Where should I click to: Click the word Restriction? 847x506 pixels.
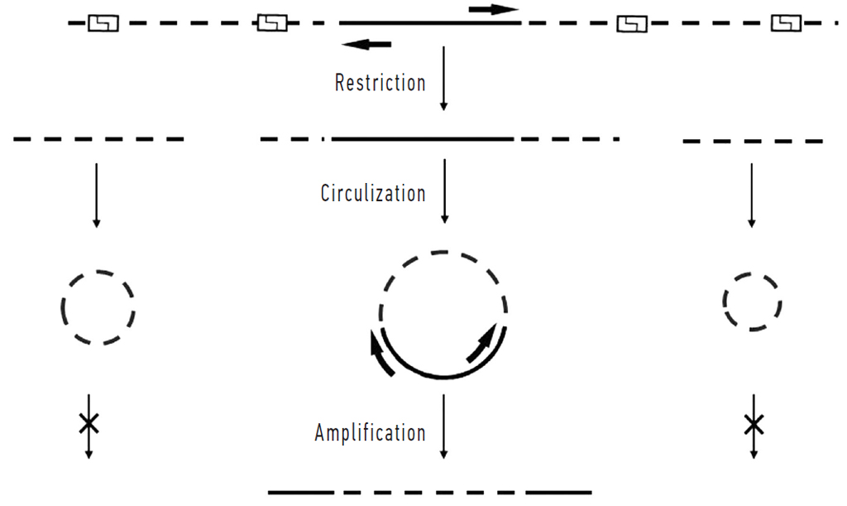pos(380,83)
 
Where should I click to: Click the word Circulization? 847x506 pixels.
pos(373,193)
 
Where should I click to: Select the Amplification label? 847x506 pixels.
pos(370,432)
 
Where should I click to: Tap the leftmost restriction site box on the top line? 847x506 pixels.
pos(103,23)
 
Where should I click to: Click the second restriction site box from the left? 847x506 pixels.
pos(272,23)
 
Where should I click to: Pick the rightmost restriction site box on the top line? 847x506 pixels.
pos(786,23)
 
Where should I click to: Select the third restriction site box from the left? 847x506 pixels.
pos(632,24)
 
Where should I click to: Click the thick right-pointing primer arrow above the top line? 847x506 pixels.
pos(494,9)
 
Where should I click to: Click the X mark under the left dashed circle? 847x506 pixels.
pos(89,424)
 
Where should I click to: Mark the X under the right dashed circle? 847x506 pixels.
pos(753,426)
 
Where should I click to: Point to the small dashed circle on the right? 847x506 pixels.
pos(752,301)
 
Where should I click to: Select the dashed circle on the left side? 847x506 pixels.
pos(98,307)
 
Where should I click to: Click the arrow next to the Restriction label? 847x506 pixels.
pos(444,79)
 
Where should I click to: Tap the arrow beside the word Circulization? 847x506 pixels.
pos(445,191)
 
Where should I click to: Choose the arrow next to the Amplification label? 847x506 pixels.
pos(445,426)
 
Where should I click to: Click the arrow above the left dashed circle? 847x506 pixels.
pos(97,195)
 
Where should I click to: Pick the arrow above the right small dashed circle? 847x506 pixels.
pos(751,195)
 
